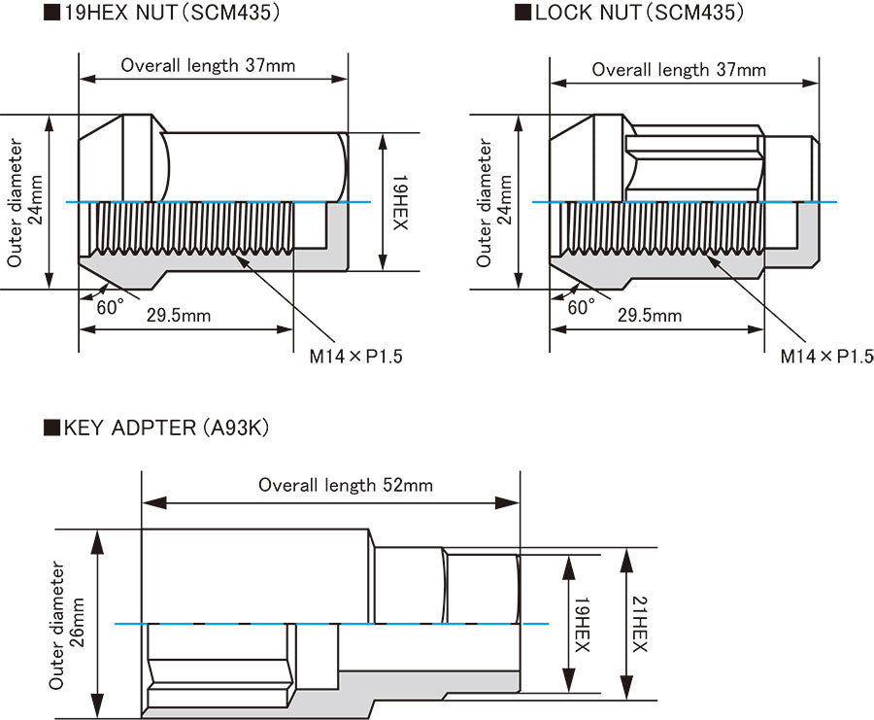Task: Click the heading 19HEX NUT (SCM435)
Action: pos(161,13)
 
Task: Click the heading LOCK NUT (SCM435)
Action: pos(629,13)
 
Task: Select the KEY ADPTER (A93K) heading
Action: pos(156,429)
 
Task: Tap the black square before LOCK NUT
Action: pos(522,13)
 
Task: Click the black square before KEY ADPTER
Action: pos(51,428)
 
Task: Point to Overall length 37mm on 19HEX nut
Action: pos(208,65)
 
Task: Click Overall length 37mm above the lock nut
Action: pos(679,70)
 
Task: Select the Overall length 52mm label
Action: pos(346,485)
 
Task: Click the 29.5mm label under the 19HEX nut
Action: pos(179,316)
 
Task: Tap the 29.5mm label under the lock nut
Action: pos(650,316)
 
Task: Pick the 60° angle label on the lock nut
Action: pos(582,307)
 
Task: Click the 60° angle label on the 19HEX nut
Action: pos(111,307)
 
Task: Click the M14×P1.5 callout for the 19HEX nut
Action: pos(355,356)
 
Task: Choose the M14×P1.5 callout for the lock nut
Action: pos(827,356)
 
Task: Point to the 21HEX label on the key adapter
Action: pos(640,624)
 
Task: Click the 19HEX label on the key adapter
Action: pos(583,624)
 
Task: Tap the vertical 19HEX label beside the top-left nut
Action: pos(400,202)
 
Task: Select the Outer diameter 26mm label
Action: pos(67,625)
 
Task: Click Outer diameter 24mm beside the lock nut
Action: pos(494,202)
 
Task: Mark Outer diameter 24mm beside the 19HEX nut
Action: pos(24,202)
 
